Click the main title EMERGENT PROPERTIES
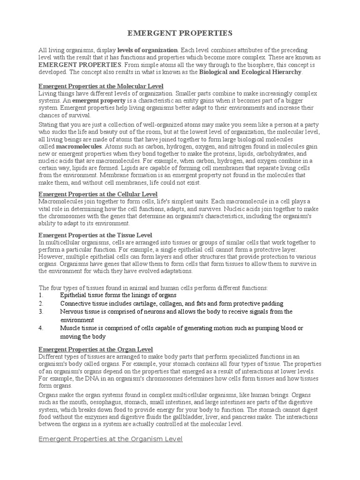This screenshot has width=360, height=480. point(180,33)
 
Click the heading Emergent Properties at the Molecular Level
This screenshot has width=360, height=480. point(101,86)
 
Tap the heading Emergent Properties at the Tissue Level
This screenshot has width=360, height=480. point(95,234)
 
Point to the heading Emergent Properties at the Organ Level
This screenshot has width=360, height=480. point(96,349)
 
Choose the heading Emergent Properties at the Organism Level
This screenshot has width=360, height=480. point(110,439)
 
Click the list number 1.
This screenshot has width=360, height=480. point(41,295)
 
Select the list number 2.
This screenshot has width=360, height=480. point(41,304)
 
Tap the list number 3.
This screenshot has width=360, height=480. point(41,312)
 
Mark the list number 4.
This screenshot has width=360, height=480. point(41,328)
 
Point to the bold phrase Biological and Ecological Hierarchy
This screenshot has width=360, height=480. point(251,72)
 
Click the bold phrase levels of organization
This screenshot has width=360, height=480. point(148,50)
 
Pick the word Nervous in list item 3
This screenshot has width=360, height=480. point(71,312)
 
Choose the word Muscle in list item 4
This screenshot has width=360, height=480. point(69,328)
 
